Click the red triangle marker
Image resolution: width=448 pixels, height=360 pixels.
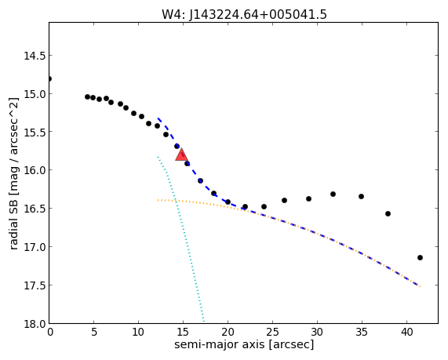pyautogui.click(x=181, y=155)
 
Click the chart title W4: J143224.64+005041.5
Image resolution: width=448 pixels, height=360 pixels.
pyautogui.click(x=244, y=14)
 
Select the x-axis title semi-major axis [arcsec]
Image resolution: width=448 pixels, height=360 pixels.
pyautogui.click(x=244, y=344)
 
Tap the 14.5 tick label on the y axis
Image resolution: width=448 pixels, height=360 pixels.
pyautogui.click(x=35, y=56)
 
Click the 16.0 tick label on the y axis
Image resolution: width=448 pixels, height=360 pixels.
pyautogui.click(x=35, y=170)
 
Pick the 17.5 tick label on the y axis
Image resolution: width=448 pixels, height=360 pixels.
pyautogui.click(x=35, y=285)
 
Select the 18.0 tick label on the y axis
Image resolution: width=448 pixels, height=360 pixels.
pyautogui.click(x=35, y=324)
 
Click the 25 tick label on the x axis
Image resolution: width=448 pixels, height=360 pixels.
pyautogui.click(x=272, y=332)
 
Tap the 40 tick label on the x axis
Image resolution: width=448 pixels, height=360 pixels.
pyautogui.click(x=406, y=332)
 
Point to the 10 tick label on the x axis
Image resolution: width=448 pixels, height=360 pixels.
pyautogui.click(x=138, y=332)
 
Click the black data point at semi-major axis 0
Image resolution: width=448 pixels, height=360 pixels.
pyautogui.click(x=49, y=79)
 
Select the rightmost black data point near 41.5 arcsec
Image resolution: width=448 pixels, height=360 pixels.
pyautogui.click(x=420, y=258)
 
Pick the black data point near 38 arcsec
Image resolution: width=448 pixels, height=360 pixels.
pyautogui.click(x=388, y=213)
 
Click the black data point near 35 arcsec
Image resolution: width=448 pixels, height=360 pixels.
pyautogui.click(x=361, y=197)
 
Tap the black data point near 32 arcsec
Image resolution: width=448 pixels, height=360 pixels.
pyautogui.click(x=333, y=195)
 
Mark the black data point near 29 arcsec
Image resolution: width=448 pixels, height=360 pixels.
pyautogui.click(x=308, y=199)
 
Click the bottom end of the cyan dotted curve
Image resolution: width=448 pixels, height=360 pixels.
pyautogui.click(x=203, y=321)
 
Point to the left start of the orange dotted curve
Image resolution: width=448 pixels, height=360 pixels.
pyautogui.click(x=158, y=200)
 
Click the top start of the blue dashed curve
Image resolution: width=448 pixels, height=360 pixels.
pyautogui.click(x=158, y=118)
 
